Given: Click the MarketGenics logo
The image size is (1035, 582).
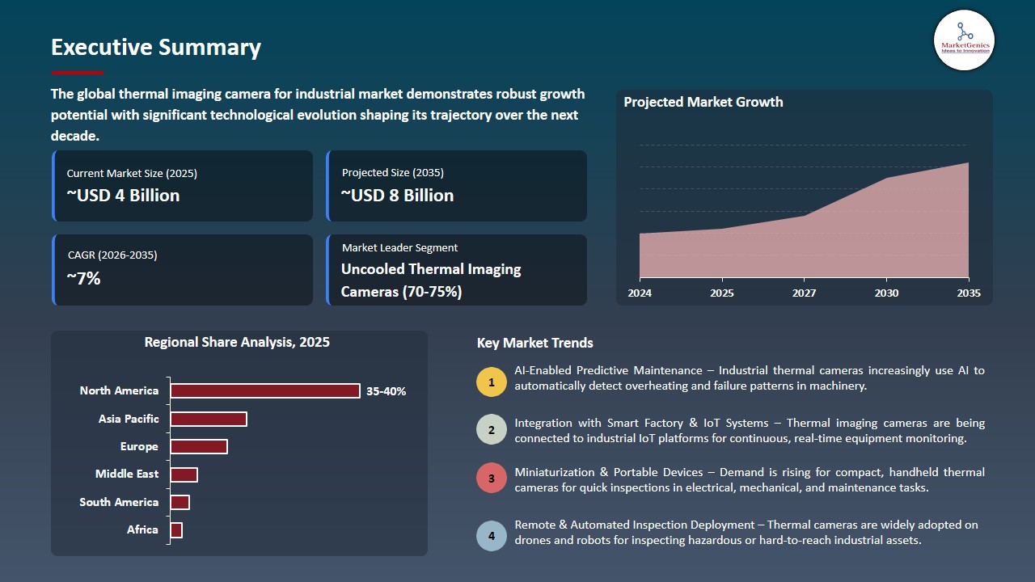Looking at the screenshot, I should [964, 39].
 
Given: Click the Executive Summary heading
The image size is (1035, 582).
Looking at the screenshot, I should [156, 47].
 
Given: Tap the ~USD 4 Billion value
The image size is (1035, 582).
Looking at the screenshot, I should [123, 196].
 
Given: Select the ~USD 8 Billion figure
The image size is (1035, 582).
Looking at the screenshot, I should [397, 196].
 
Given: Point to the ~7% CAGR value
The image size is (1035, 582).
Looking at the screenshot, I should [83, 279].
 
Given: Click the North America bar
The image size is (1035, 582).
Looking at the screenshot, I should [264, 391].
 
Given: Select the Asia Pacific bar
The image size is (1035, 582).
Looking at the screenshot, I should [208, 419].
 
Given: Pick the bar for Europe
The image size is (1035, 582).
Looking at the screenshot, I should [198, 446].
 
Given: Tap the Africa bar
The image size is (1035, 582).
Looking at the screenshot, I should [176, 529].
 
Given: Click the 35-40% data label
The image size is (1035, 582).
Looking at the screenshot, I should [386, 391].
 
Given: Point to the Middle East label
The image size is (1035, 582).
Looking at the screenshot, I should [127, 474].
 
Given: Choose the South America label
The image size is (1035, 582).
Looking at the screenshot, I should [119, 502].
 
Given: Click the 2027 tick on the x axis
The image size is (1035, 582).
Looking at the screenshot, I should [804, 293].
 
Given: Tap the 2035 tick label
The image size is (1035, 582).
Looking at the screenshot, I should [968, 293].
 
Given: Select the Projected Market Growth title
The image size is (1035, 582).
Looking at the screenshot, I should [703, 102].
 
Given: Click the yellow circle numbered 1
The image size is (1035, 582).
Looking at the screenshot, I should [492, 382].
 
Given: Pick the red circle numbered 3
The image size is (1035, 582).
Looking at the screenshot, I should [492, 478].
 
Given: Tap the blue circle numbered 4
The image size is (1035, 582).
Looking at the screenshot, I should [492, 535].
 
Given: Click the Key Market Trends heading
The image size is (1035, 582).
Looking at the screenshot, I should [534, 343].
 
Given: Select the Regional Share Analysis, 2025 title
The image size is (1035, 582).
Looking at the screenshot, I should [237, 342].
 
